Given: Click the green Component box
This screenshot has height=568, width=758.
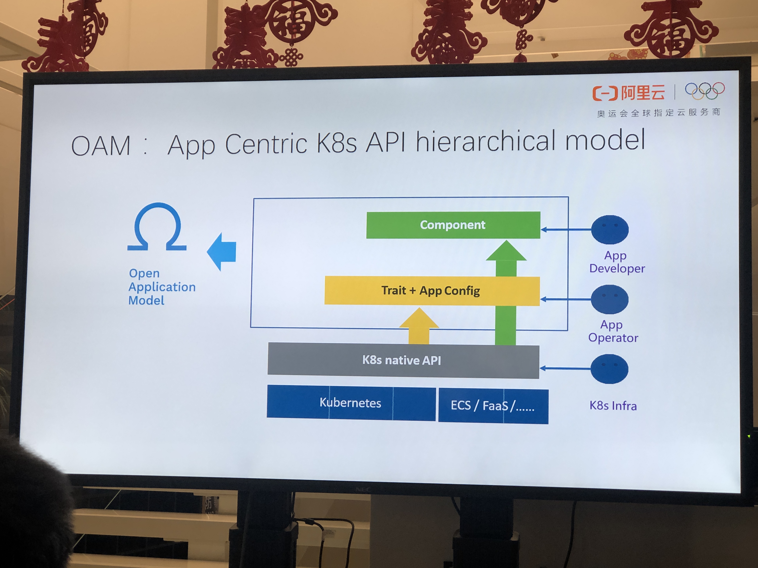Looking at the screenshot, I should pyautogui.click(x=453, y=225).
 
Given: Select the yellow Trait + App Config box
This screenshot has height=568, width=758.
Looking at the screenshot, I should pyautogui.click(x=432, y=291).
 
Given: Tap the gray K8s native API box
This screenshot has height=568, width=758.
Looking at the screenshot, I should pyautogui.click(x=403, y=360).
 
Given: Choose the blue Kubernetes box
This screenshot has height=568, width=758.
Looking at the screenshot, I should pyautogui.click(x=351, y=403).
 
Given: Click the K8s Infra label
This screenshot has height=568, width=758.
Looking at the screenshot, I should pyautogui.click(x=613, y=406).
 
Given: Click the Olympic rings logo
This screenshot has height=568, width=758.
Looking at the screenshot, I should pyautogui.click(x=705, y=90).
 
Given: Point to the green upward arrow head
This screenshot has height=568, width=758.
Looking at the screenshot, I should pyautogui.click(x=506, y=251).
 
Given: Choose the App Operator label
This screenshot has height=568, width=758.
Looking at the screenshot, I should pyautogui.click(x=613, y=331).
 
